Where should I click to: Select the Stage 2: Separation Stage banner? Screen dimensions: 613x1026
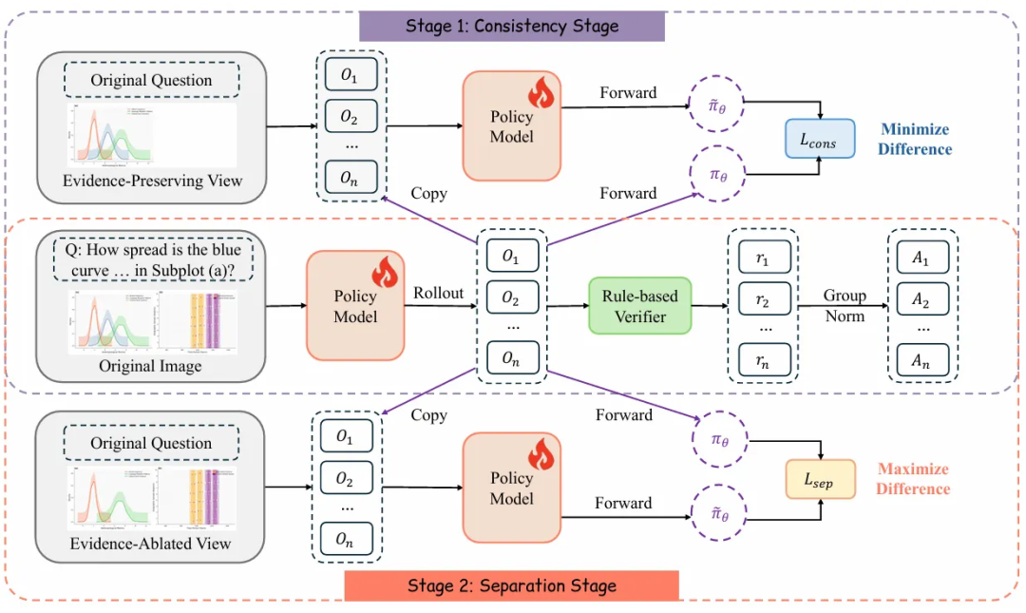tap(512, 585)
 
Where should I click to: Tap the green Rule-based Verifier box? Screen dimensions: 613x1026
tap(639, 305)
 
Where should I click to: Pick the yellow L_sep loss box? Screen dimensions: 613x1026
tap(820, 480)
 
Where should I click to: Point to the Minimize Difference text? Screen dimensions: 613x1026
tap(916, 139)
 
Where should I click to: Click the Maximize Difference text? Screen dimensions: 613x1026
tap(913, 479)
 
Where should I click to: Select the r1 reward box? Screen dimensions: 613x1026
tap(765, 259)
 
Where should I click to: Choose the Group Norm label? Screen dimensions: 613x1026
tap(845, 305)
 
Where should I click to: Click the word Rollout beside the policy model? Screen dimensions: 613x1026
tap(438, 293)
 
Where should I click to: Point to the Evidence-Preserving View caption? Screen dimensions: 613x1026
tap(152, 181)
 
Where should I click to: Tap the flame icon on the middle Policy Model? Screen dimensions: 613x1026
tap(385, 274)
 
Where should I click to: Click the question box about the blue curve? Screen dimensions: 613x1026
tap(153, 262)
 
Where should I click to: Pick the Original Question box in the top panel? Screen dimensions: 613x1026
tap(152, 80)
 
